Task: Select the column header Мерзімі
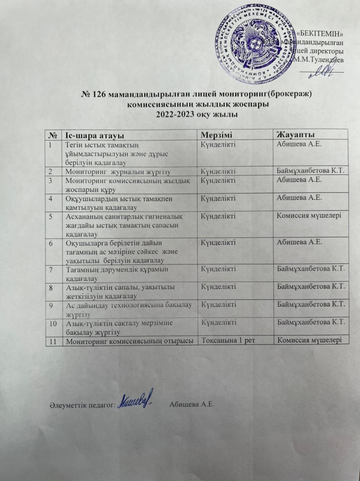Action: pos(217,135)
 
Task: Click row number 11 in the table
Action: pos(53,341)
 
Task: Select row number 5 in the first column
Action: pos(51,216)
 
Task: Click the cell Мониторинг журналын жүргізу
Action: pos(118,172)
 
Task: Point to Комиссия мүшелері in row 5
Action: pos(309,216)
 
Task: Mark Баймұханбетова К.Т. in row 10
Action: pos(311,322)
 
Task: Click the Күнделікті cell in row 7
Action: pos(218,269)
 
